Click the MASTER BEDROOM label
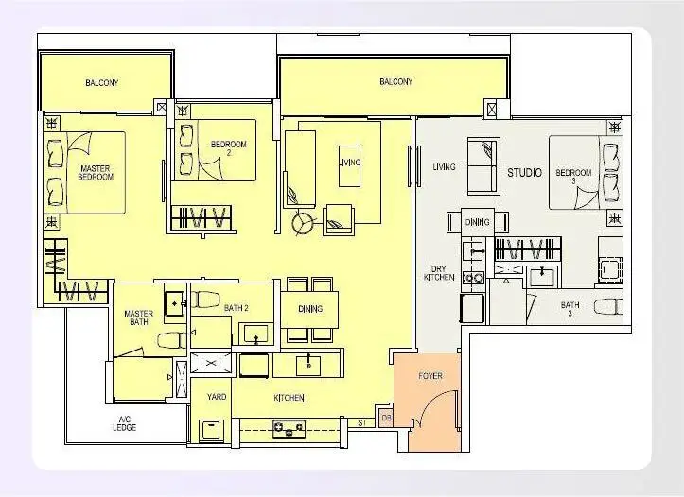(96, 172)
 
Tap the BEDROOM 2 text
(228, 148)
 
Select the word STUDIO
(524, 173)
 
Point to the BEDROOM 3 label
(572, 177)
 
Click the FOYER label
(430, 376)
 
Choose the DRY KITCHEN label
(440, 272)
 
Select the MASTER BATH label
(140, 317)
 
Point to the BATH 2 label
(236, 307)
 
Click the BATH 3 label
(570, 309)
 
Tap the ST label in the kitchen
(361, 422)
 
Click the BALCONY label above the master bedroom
(101, 83)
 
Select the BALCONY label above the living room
(395, 82)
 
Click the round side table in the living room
(304, 223)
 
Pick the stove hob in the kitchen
(289, 430)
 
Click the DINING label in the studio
(478, 222)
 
